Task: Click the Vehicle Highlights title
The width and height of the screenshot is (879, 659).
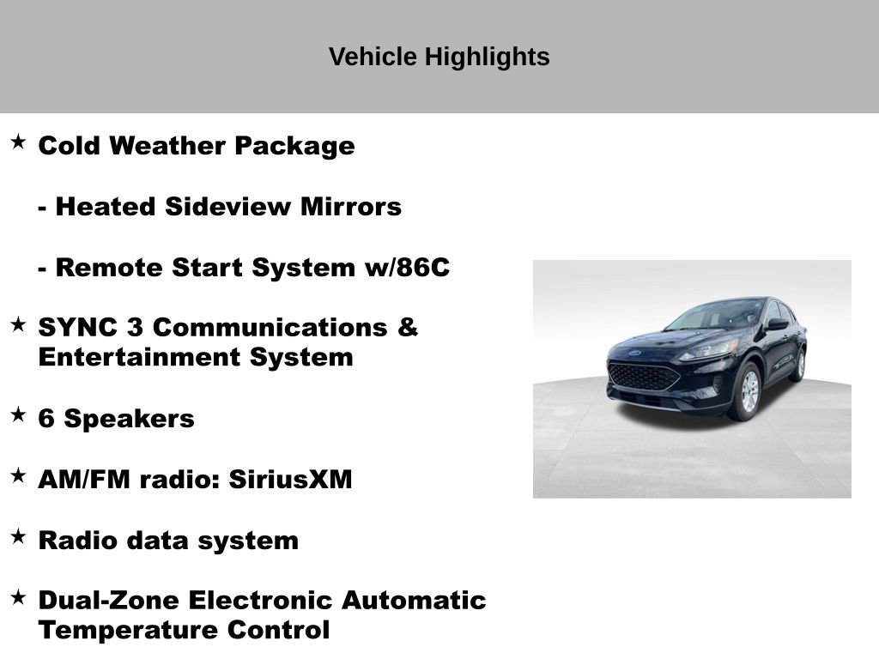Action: click(439, 57)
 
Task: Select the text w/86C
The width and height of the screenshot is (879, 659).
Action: click(403, 268)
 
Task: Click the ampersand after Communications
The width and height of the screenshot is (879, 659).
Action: click(408, 328)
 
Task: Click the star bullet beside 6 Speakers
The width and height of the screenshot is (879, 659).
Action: click(18, 414)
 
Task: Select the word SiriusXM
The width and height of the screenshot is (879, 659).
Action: click(290, 480)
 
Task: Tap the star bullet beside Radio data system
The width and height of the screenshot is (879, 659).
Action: click(18, 536)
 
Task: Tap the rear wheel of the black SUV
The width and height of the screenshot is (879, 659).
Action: click(798, 365)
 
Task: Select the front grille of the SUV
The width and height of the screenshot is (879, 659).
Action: click(643, 375)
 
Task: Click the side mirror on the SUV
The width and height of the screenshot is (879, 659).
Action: click(776, 323)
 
